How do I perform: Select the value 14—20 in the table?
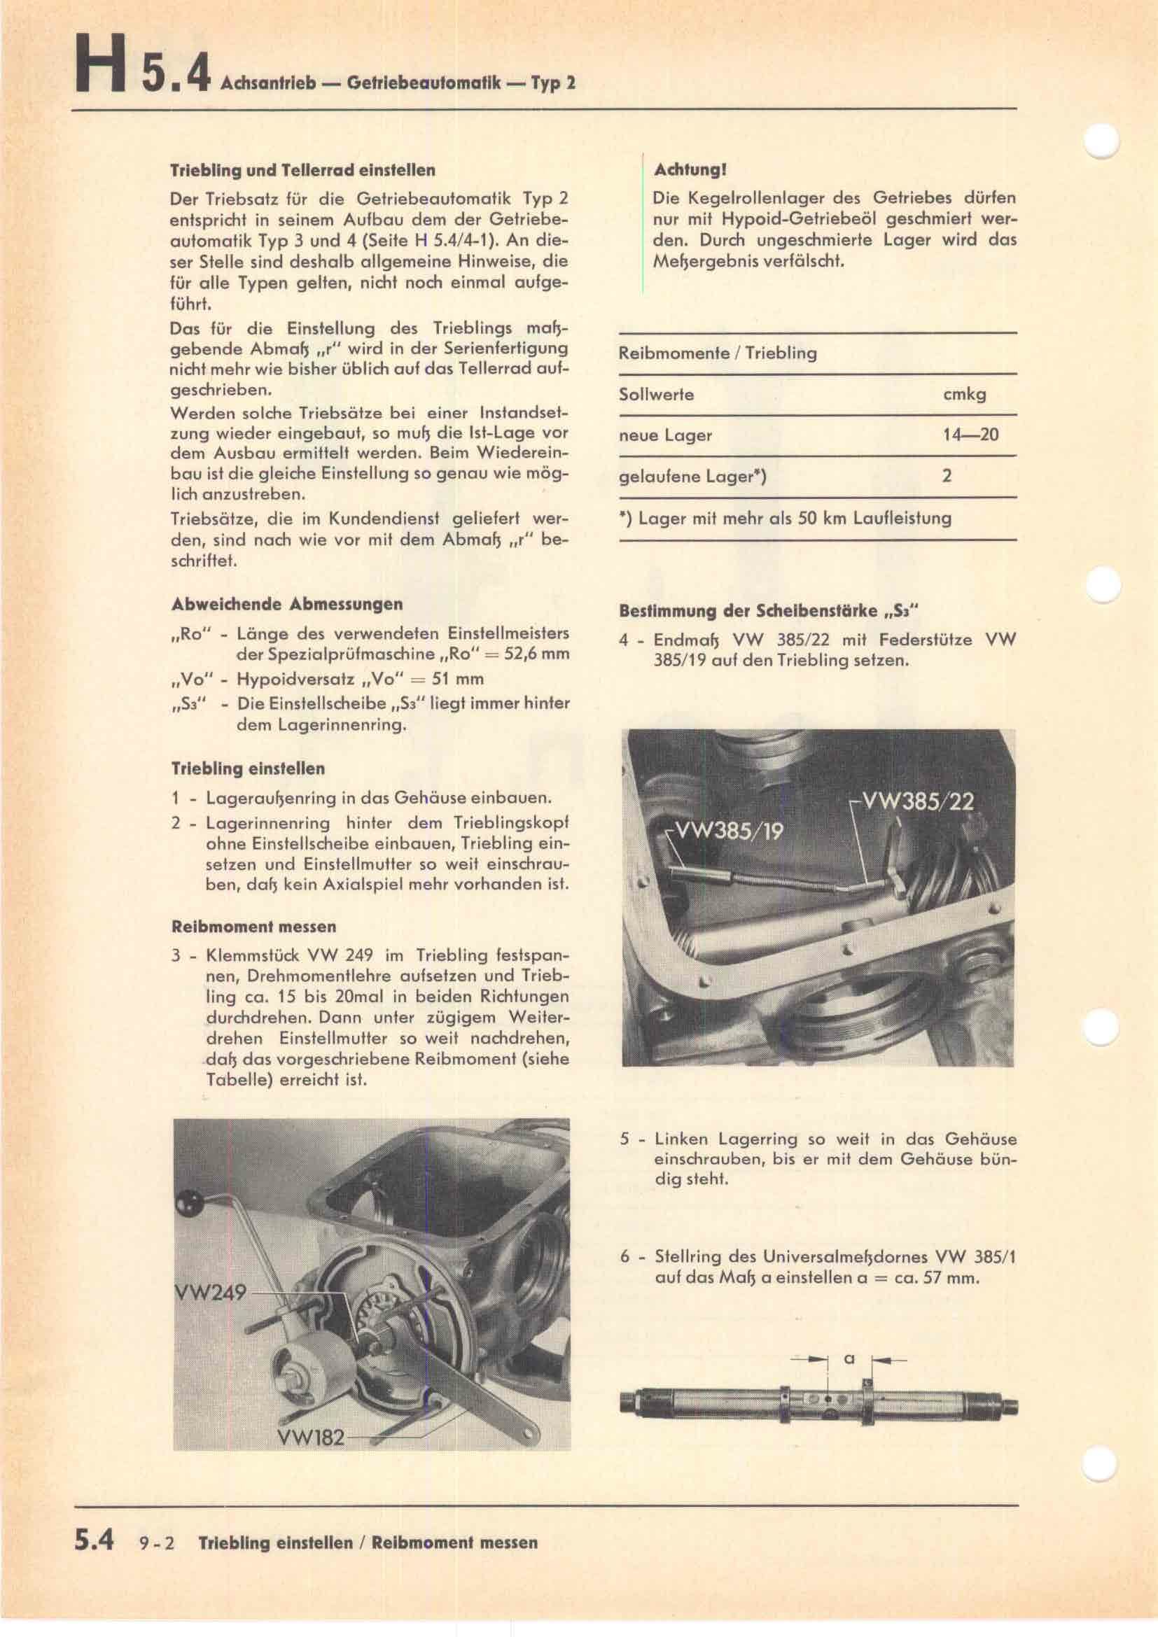pyautogui.click(x=970, y=434)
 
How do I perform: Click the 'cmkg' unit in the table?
pyautogui.click(x=964, y=394)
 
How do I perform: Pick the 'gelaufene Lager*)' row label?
pyautogui.click(x=692, y=477)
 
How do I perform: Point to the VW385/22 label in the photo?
pyautogui.click(x=918, y=801)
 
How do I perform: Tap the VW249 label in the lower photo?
pyautogui.click(x=210, y=1291)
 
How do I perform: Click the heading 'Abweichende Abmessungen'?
pyautogui.click(x=286, y=604)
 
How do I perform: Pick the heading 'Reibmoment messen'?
pyautogui.click(x=253, y=927)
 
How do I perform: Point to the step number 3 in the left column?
pyautogui.click(x=176, y=955)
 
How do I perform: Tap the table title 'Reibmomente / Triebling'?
pyautogui.click(x=718, y=353)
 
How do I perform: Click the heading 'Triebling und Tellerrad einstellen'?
pyautogui.click(x=302, y=170)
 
